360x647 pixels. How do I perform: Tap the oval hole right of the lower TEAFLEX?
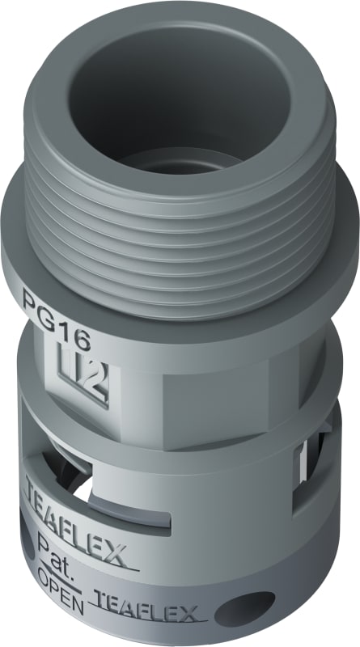click(245, 607)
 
